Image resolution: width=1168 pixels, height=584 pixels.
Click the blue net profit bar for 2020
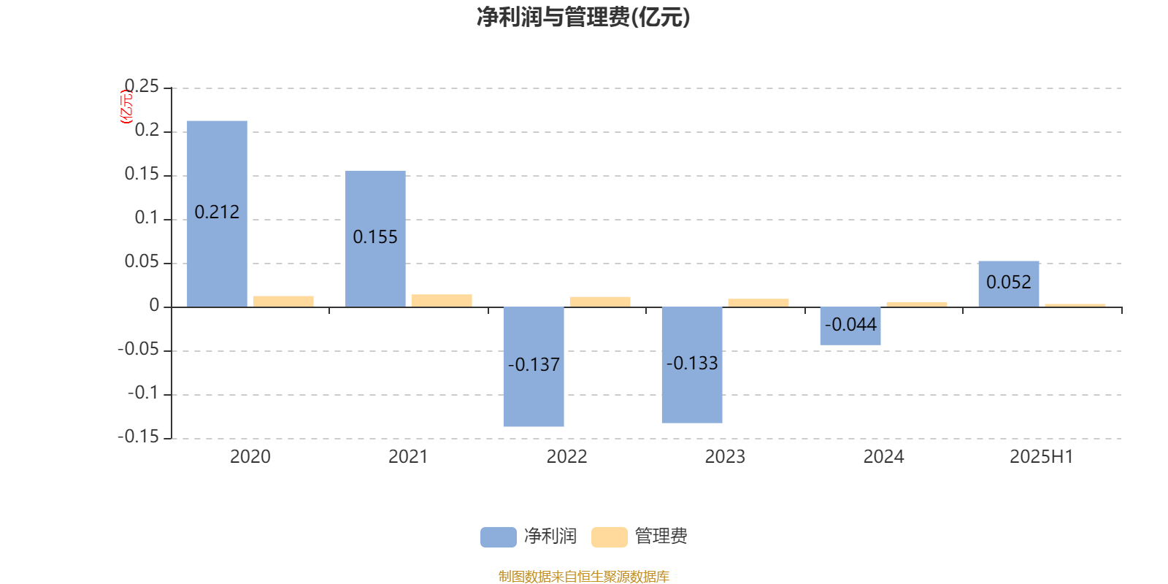pos(217,214)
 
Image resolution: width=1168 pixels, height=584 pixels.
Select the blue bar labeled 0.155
pos(375,239)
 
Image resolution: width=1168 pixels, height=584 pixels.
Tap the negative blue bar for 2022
pos(534,366)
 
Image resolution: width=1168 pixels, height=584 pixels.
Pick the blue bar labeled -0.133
pos(692,365)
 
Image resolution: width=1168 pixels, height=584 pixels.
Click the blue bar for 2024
pos(850,326)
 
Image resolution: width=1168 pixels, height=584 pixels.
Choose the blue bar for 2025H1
pos(1009,284)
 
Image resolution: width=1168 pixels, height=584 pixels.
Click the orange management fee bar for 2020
pos(284,301)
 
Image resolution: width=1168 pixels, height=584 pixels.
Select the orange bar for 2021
pos(442,301)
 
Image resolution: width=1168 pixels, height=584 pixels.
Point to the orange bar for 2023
pos(758,303)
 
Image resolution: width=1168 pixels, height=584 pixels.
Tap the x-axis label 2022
pos(566,457)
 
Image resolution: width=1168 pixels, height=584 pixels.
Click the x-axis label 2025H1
pos(1041,457)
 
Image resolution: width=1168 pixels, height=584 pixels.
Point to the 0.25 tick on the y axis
pos(142,86)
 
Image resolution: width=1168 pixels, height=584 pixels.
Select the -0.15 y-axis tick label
pos(138,437)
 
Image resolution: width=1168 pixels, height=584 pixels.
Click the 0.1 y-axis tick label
pos(147,218)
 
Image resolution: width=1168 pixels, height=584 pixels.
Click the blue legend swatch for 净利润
pos(499,537)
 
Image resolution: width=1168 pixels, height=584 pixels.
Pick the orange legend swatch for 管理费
pos(609,537)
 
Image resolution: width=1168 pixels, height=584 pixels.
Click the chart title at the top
pos(583,18)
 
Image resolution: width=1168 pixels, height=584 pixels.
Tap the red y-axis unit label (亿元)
pos(126,107)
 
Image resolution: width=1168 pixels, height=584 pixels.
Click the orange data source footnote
pos(583,576)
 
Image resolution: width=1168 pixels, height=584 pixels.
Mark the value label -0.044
pos(850,325)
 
